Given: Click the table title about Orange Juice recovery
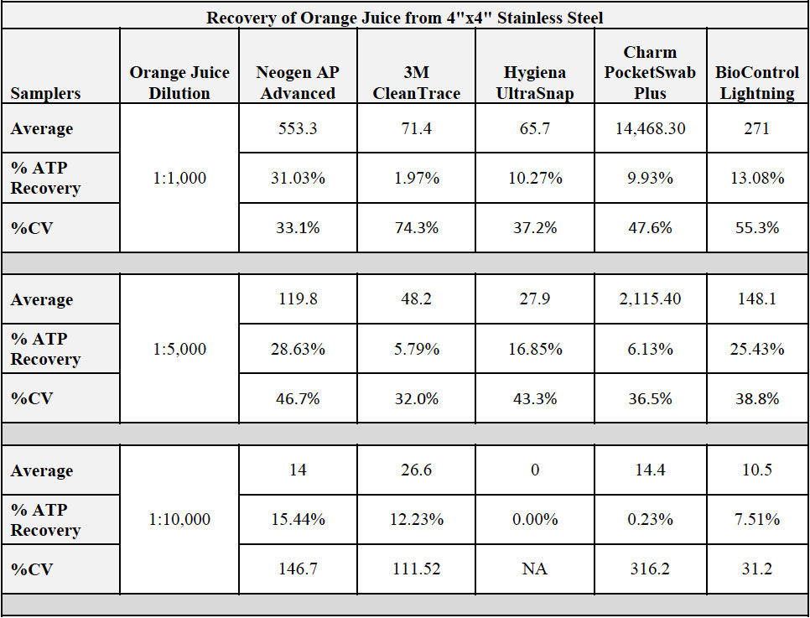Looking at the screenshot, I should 405,17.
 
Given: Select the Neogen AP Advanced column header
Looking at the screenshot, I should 298,83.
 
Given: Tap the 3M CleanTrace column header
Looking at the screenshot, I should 417,83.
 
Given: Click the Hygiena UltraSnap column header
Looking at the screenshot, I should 535,83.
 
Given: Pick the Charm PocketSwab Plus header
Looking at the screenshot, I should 650,73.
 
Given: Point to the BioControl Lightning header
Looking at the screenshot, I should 757,83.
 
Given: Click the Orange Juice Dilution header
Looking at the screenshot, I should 179,83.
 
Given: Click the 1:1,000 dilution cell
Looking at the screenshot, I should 179,178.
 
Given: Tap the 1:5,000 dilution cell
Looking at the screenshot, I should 179,349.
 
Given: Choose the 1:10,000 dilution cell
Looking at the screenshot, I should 179,520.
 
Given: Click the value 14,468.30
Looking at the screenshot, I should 650,128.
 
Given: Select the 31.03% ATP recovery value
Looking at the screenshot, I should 298,178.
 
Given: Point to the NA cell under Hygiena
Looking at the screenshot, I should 534,569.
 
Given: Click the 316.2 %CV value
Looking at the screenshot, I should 650,569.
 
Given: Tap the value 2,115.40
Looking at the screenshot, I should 650,299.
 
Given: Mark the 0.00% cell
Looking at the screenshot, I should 535,520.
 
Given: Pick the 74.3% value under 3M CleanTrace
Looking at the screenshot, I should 417,227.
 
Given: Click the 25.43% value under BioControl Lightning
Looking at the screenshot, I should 757,349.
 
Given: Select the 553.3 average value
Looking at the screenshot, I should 298,128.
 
